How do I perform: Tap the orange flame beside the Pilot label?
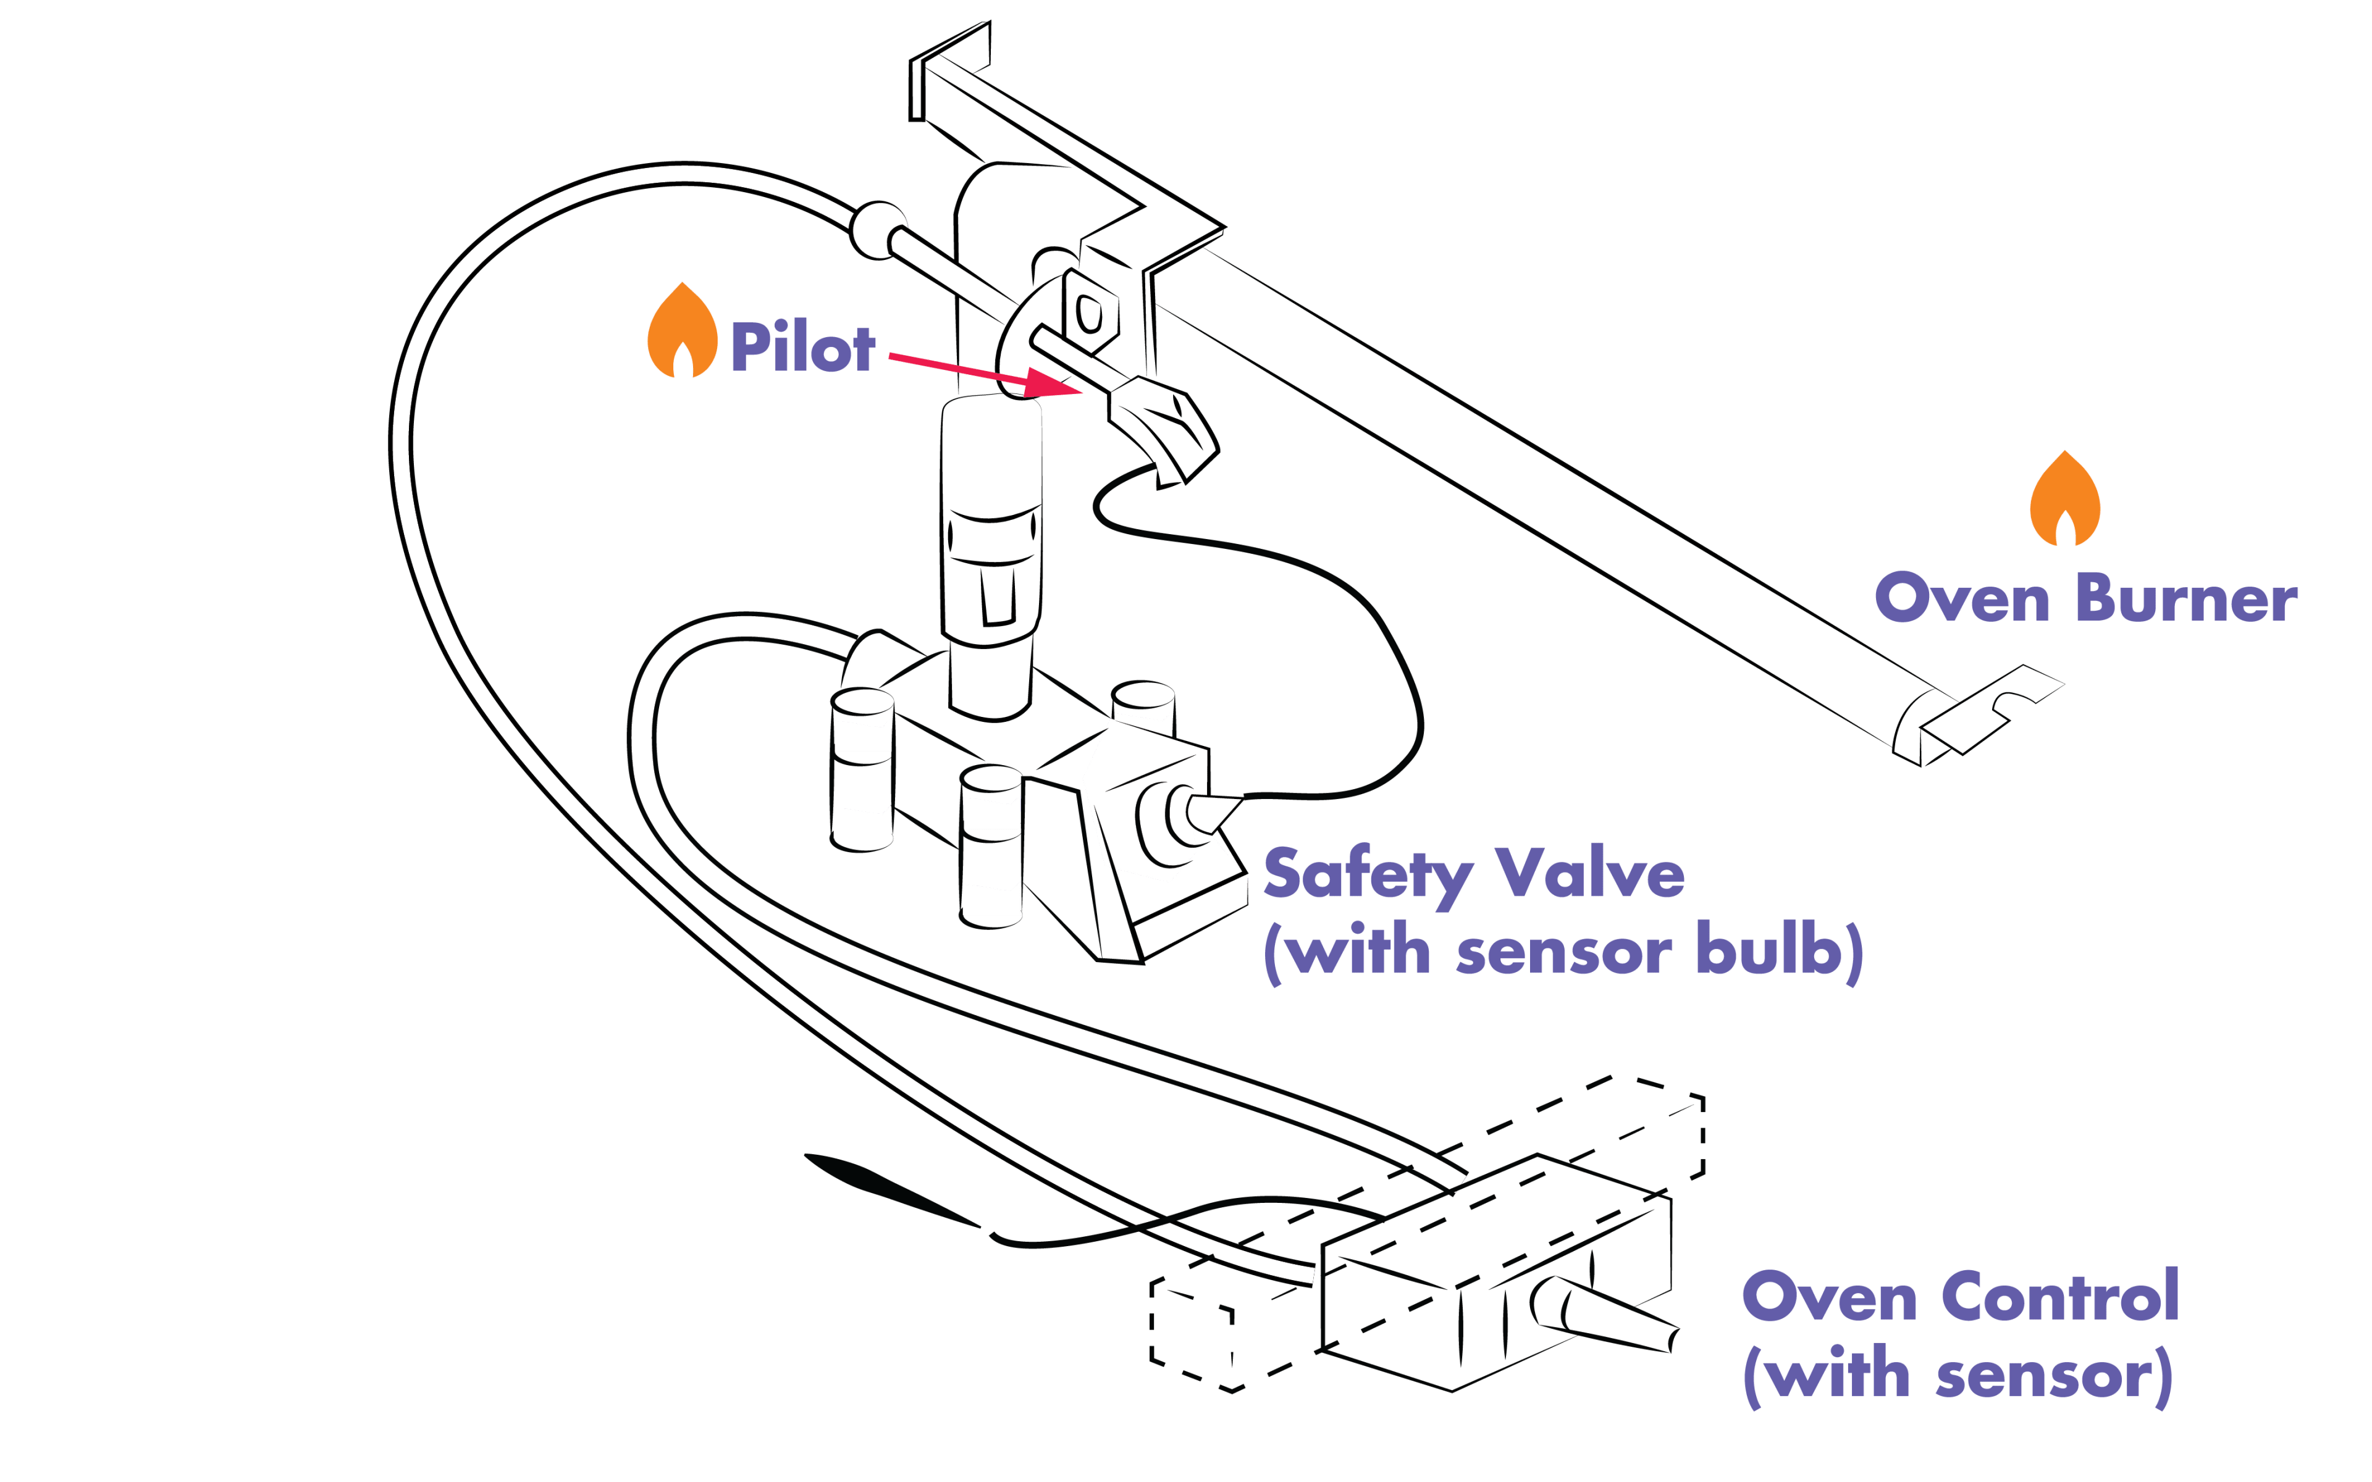coord(682,333)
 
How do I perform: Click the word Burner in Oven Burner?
coord(2187,599)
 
